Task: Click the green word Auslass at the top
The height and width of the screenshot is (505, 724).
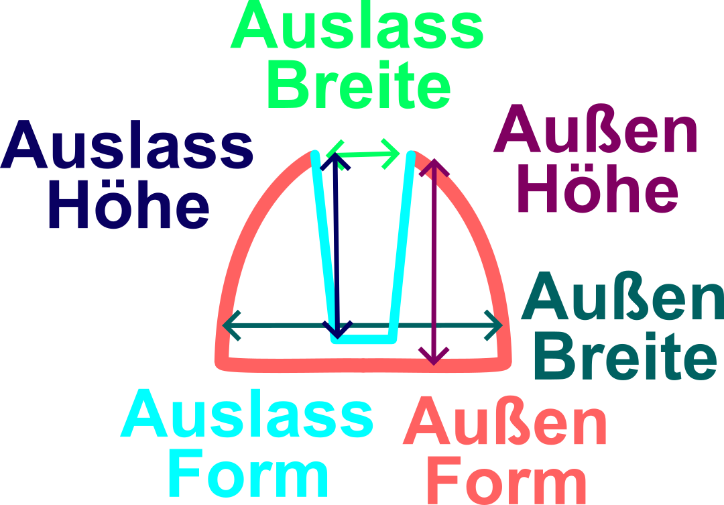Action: pos(357,28)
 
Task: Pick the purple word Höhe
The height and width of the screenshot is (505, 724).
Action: pos(597,188)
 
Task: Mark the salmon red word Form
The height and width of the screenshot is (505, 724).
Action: pos(507,480)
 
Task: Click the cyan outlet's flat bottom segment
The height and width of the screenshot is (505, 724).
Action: pos(362,339)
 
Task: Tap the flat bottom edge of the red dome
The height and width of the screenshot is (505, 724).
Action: pos(362,364)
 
